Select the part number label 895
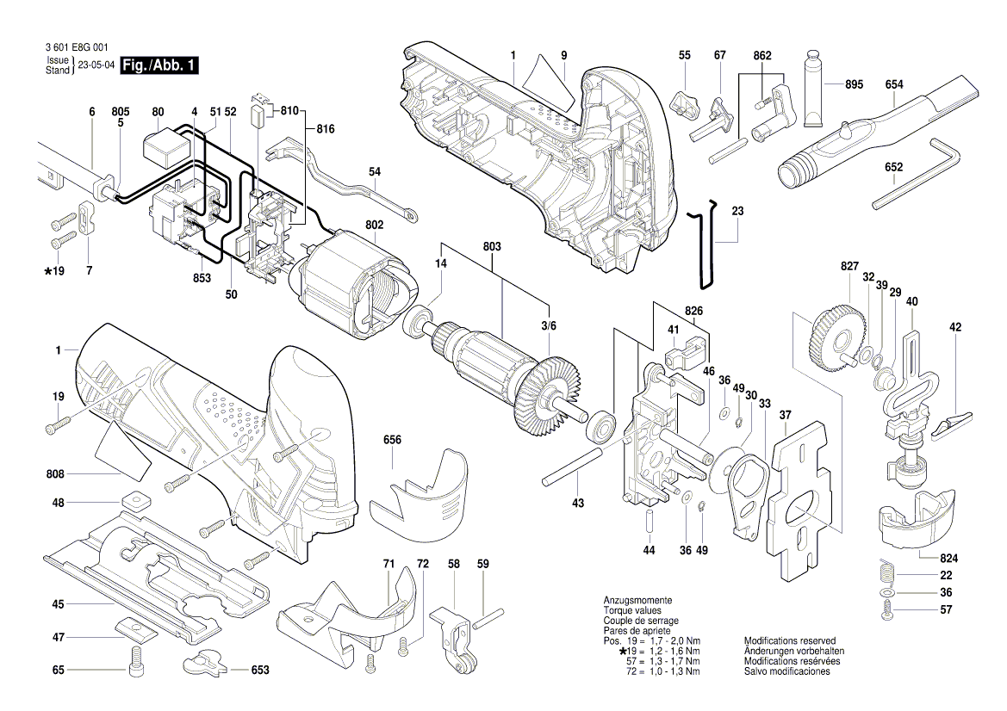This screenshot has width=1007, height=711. click(x=854, y=84)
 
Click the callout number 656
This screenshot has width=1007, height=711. click(x=393, y=440)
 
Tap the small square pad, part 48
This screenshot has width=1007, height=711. click(x=136, y=501)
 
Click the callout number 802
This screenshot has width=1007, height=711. click(x=374, y=225)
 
